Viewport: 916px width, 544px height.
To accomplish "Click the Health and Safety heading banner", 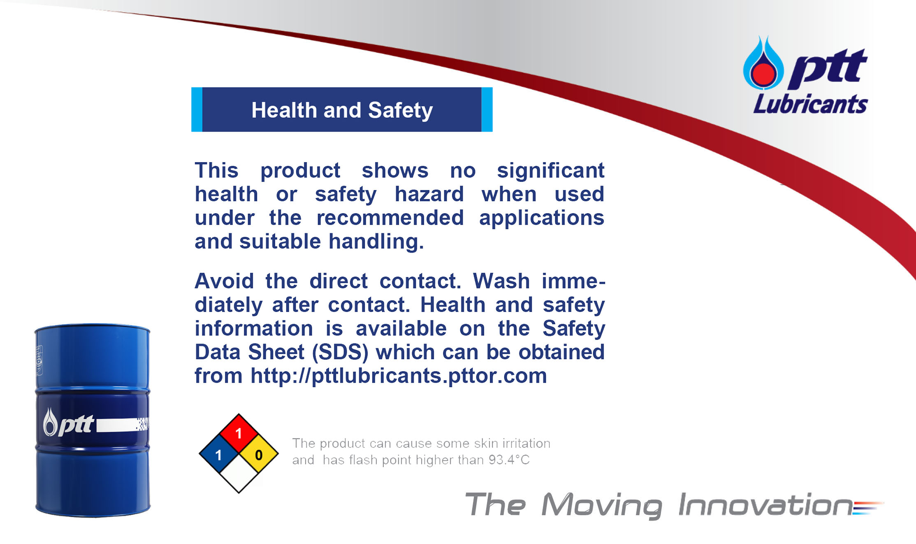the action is point(342,109).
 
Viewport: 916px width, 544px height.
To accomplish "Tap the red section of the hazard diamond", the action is point(239,433).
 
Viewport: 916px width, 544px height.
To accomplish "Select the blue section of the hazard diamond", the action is point(218,454).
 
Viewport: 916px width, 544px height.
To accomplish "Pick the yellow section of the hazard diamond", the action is point(259,454).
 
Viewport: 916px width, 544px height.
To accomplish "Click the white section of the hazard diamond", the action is point(239,474).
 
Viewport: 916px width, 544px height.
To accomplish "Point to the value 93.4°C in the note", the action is point(509,460).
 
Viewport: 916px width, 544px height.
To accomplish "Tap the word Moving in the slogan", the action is point(601,506).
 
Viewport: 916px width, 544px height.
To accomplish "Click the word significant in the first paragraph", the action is point(551,170).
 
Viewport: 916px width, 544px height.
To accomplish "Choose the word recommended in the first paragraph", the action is point(390,218).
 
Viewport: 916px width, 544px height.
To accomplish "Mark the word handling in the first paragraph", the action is point(376,242).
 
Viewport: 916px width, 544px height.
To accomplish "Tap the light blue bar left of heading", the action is point(197,109).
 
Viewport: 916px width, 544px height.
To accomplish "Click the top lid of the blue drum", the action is point(92,328).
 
